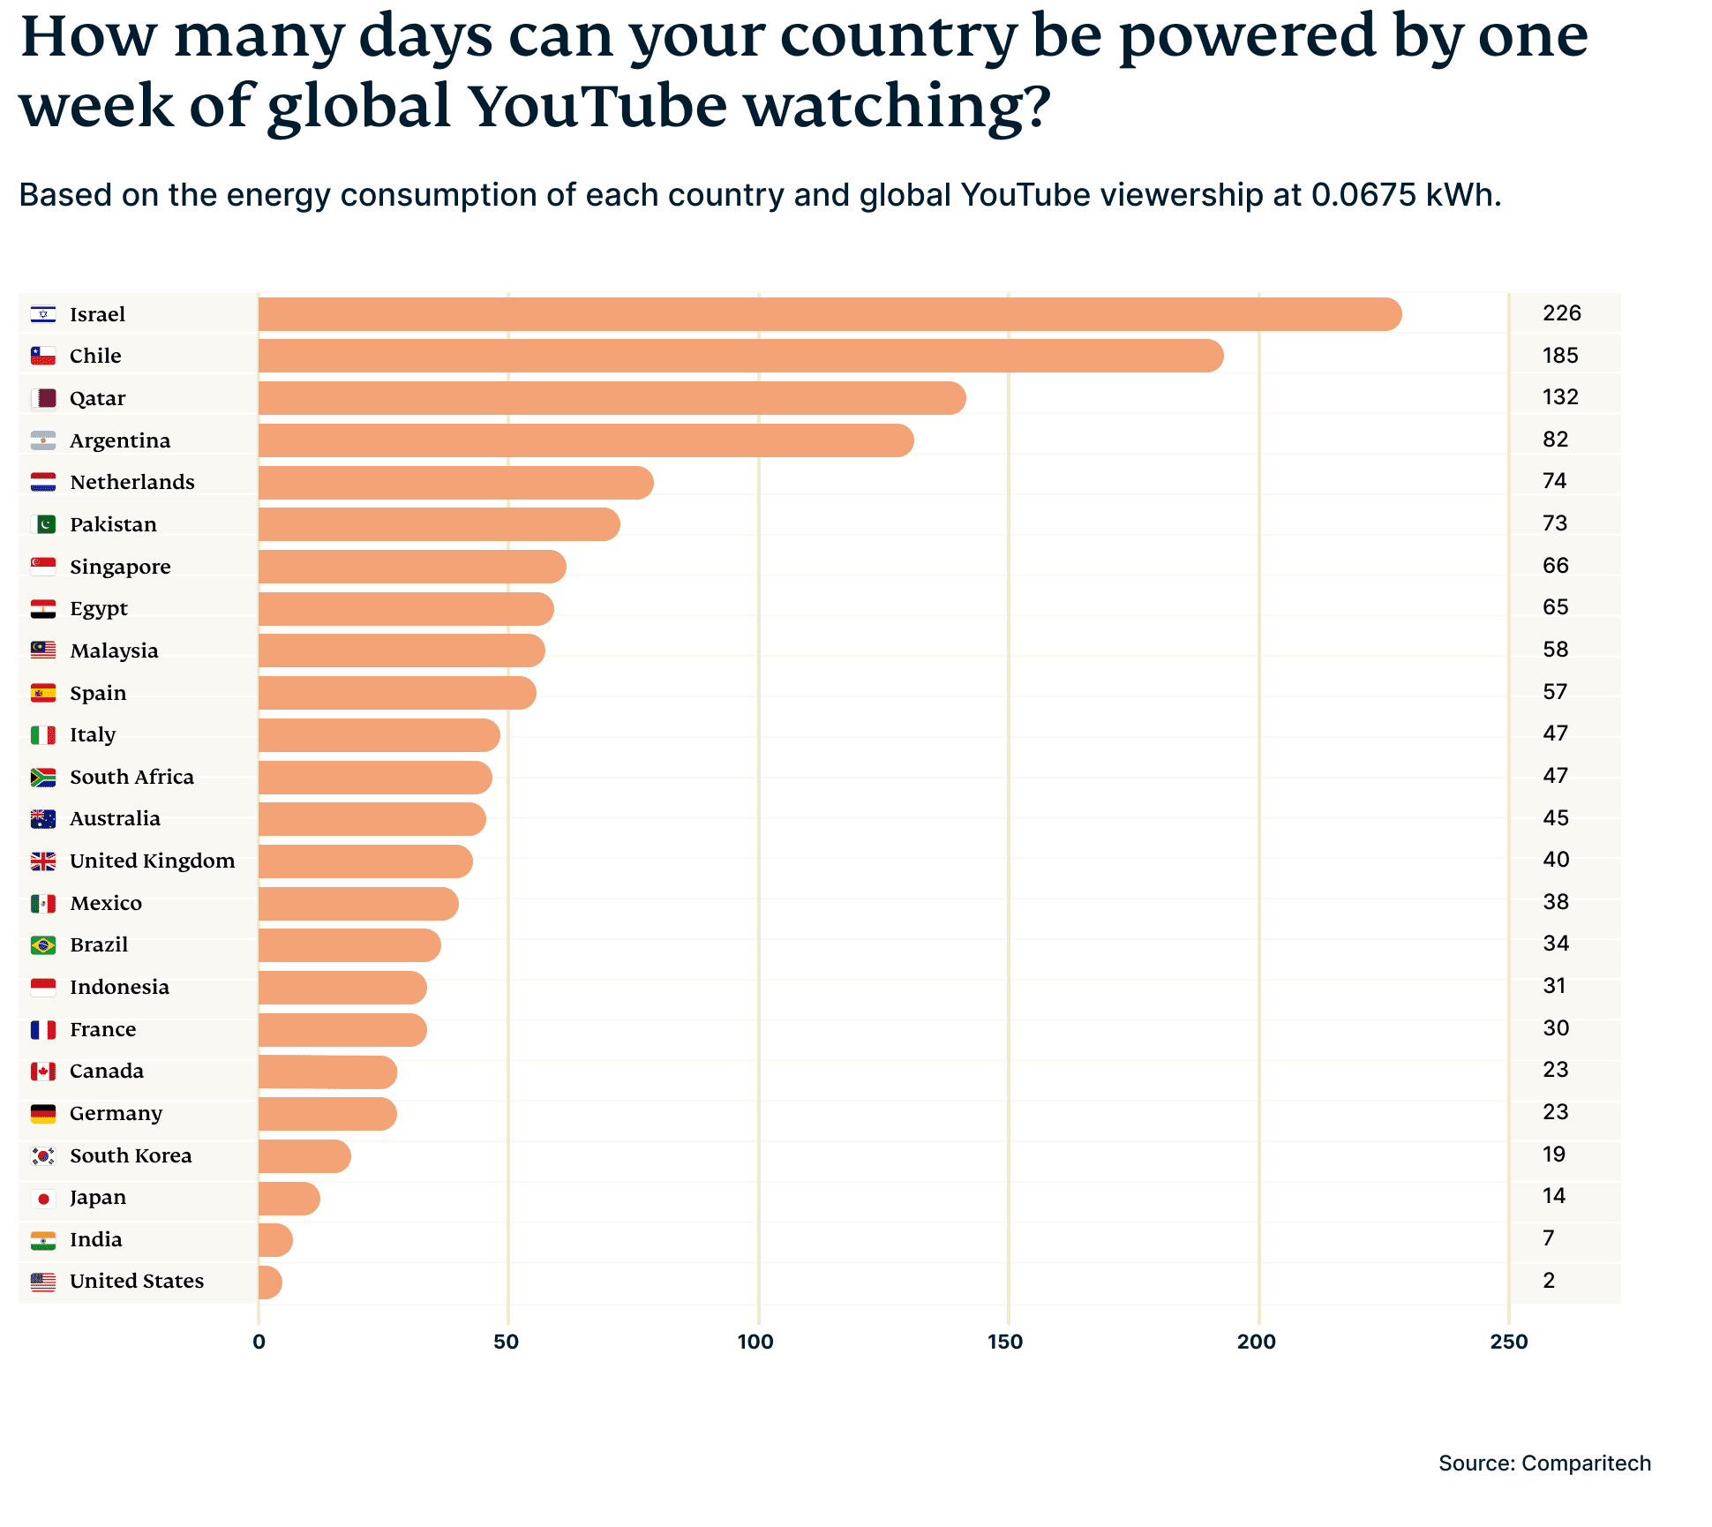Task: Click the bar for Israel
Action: [830, 314]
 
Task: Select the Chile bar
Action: [741, 356]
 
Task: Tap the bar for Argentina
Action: [586, 440]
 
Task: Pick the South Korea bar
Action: [304, 1156]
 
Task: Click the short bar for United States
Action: [270, 1283]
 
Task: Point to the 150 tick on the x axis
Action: [1005, 1342]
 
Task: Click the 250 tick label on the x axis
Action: [1508, 1342]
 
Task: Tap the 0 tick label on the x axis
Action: [259, 1342]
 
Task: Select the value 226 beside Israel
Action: [1561, 313]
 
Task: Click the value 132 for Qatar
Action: [1560, 397]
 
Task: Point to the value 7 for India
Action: [1549, 1238]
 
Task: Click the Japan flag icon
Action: [43, 1199]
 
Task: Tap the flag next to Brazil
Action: [43, 945]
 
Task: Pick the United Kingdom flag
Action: [43, 861]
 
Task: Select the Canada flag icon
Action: [43, 1072]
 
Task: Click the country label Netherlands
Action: [132, 482]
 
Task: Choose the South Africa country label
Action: [131, 777]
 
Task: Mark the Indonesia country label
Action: [119, 987]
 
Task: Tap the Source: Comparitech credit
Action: [1544, 1463]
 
